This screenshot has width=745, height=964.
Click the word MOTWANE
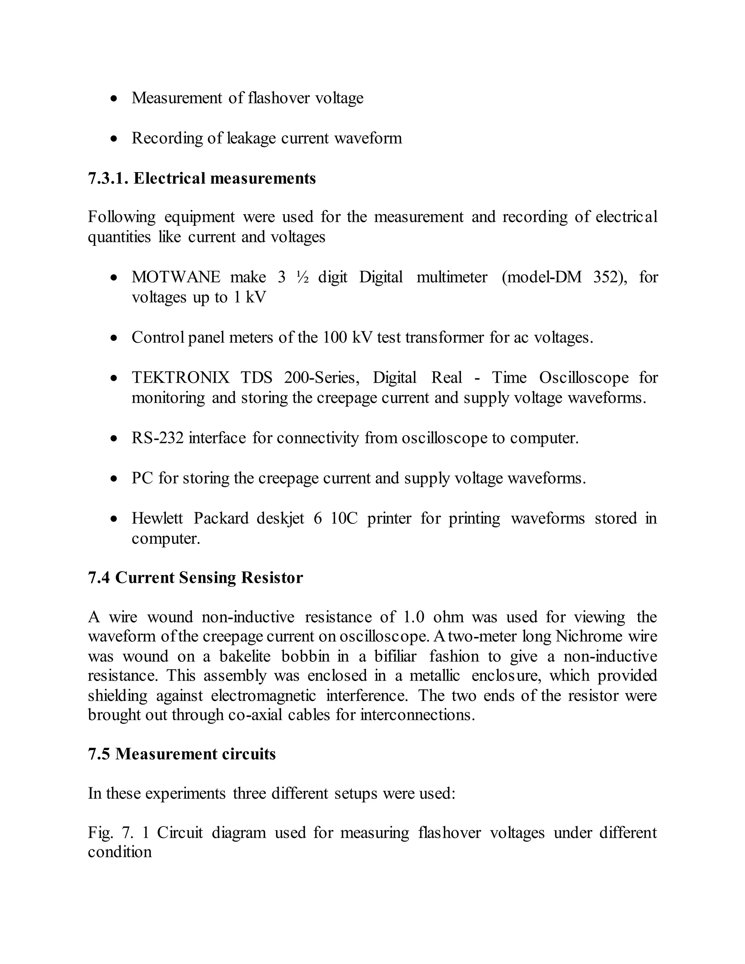point(176,277)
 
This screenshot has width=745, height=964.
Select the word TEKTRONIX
point(180,378)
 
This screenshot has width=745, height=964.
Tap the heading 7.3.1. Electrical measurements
point(202,178)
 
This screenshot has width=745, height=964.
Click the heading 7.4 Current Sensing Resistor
point(195,578)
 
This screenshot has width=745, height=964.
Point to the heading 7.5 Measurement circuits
point(182,754)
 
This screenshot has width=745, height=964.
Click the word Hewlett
point(157,518)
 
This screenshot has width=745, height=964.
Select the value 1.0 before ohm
point(414,617)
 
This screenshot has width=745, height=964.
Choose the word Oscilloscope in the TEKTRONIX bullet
point(583,378)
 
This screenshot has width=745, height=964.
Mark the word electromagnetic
point(263,696)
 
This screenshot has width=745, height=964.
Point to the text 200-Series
point(322,378)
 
